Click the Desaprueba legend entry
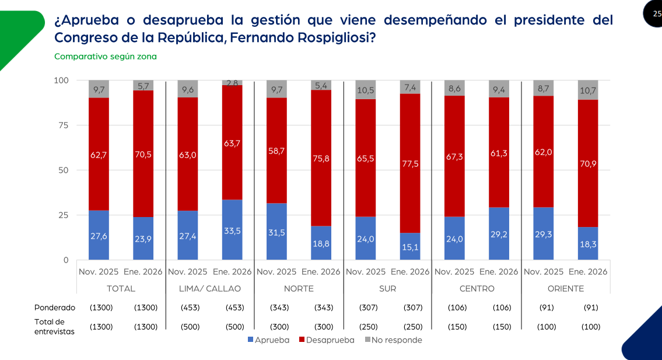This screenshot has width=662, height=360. click(326, 340)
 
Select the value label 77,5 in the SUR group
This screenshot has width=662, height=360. click(410, 164)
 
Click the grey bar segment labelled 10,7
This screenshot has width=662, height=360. click(588, 90)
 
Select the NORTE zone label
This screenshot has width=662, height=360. click(299, 288)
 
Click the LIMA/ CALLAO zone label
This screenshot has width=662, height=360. click(210, 288)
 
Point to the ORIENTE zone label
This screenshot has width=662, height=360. click(565, 288)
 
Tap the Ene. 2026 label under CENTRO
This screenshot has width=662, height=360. click(499, 271)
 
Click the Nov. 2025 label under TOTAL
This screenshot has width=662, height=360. click(99, 271)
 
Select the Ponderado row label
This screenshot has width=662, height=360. click(55, 307)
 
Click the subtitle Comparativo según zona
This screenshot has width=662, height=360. click(106, 57)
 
